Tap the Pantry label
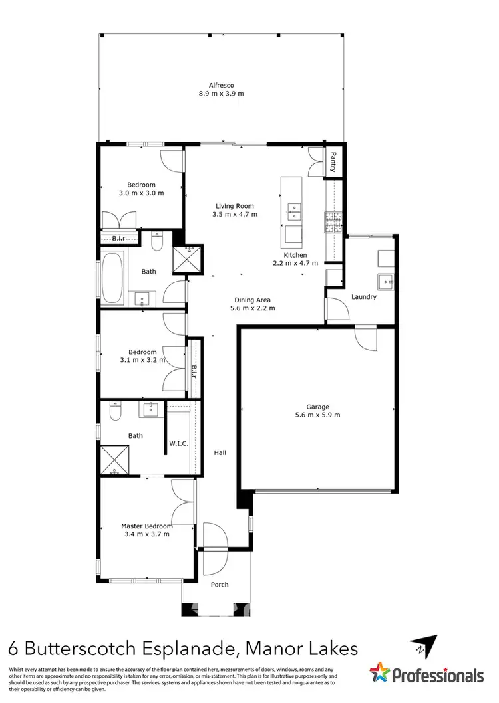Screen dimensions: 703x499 tap(331, 161)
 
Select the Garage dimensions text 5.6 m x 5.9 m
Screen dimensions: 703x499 tap(318, 415)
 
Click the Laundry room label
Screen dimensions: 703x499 tap(364, 297)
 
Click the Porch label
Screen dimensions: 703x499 tap(220, 585)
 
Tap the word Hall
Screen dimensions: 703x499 tap(220, 453)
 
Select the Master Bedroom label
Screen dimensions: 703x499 tap(147, 526)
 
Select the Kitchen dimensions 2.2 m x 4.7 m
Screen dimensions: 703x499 tap(295, 264)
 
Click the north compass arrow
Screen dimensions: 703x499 tap(425, 646)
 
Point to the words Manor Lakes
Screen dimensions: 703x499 tap(305, 647)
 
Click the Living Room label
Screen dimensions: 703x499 tap(234, 206)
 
